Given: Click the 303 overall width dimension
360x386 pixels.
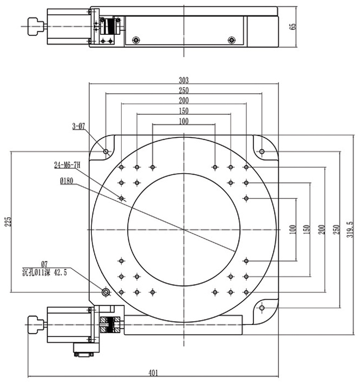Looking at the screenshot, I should click(x=183, y=79).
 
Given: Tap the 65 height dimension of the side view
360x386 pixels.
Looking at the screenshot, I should click(x=294, y=27).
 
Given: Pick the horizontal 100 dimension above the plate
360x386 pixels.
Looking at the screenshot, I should click(x=183, y=121).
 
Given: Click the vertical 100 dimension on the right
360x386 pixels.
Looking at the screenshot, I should click(x=292, y=229).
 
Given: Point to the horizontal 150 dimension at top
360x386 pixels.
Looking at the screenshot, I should click(x=183, y=111).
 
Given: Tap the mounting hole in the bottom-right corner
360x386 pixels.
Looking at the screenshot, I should click(x=262, y=308).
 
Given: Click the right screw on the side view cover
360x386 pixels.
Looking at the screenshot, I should click(x=233, y=39).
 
